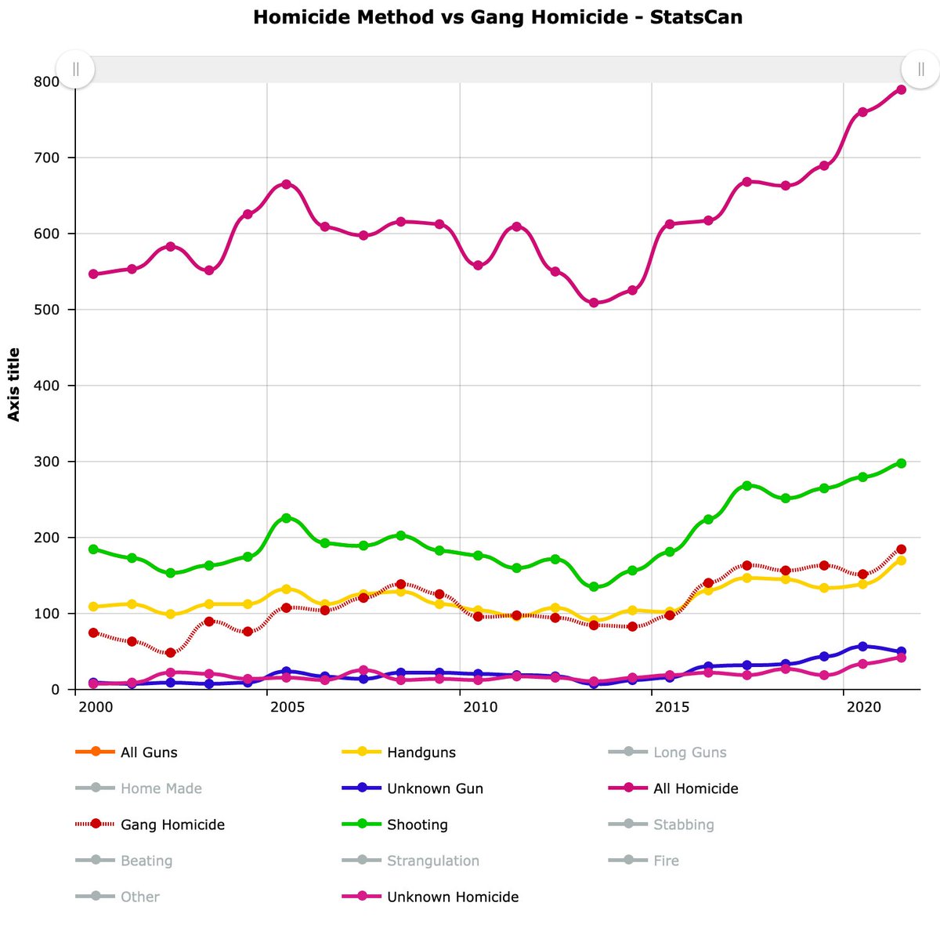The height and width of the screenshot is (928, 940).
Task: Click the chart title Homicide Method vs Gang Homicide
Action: (497, 16)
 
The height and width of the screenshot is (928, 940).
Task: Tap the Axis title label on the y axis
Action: (14, 385)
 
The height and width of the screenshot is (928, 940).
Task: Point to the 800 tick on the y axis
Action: (45, 82)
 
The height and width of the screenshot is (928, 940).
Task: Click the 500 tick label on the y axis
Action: (45, 310)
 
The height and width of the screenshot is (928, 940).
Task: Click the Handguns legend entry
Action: (421, 752)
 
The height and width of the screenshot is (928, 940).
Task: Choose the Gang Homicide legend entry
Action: (172, 825)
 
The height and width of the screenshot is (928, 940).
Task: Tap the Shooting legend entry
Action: (417, 825)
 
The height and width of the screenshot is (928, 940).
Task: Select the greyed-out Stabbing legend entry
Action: (683, 825)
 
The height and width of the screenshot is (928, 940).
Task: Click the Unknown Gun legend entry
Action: (435, 788)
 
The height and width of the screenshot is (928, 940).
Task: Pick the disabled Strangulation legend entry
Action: (432, 861)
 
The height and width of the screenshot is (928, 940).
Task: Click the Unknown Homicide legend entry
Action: (452, 897)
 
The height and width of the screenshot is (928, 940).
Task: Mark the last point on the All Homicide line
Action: (901, 89)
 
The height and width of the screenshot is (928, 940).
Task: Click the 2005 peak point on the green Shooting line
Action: (286, 518)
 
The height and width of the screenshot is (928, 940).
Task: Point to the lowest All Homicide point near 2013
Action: (594, 303)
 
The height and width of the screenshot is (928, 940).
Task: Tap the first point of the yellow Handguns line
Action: (93, 607)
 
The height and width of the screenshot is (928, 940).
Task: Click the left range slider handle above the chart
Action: (75, 69)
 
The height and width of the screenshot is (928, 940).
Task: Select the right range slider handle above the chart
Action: (920, 69)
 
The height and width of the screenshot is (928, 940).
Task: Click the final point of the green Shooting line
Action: (901, 463)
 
